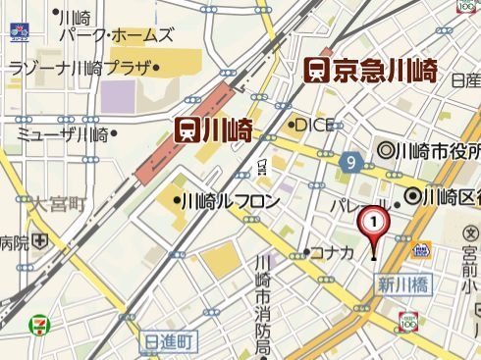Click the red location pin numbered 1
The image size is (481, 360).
373,226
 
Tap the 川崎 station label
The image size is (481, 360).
226,130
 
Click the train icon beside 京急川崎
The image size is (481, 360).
316,71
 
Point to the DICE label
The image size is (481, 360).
314,125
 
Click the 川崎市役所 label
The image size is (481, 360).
435,151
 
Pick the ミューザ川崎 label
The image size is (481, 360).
62,134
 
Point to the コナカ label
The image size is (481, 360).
331,253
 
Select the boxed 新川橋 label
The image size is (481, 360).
401,285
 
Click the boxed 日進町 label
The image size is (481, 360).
171,340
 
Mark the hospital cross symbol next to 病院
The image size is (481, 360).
39,241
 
